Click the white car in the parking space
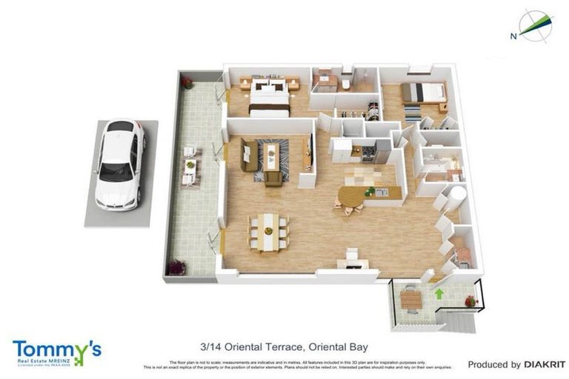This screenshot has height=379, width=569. pos(119,164)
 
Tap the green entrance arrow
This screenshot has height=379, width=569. pos(439,294)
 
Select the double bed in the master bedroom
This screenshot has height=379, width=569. pos(268,98)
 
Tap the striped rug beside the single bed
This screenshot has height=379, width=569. pos(412,115)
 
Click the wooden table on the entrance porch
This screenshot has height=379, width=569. pos(410,299)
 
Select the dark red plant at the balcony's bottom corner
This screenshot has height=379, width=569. pos(176,267)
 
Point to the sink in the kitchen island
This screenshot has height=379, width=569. pos(381,192)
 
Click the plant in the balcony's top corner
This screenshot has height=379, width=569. pos(187,82)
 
